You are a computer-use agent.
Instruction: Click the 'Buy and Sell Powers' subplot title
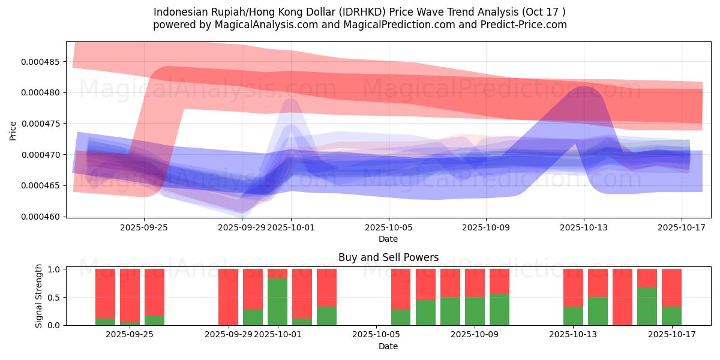388,257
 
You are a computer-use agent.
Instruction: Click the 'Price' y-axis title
13,130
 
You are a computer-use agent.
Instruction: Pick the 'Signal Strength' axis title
39,296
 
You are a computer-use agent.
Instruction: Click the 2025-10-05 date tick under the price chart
388,227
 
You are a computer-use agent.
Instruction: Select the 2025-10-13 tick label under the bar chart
574,335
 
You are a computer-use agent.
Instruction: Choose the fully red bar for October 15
622,297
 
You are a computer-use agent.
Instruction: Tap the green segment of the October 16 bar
647,306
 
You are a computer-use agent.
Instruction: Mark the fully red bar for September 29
228,297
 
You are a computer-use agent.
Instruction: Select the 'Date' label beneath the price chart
388,239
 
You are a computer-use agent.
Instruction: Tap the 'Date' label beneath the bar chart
388,346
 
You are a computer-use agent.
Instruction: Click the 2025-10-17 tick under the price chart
682,227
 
